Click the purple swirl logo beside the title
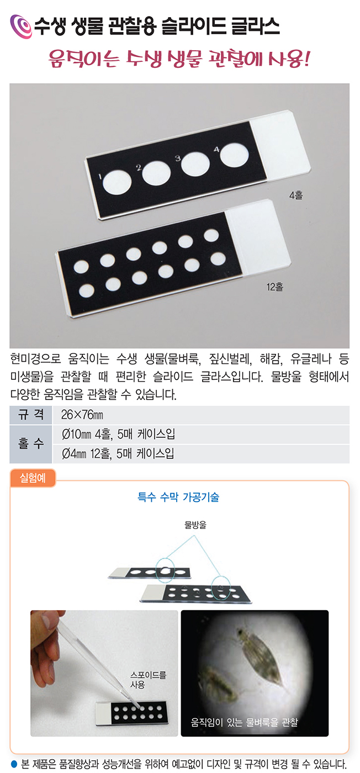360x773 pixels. click(22, 26)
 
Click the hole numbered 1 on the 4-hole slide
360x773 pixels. click(117, 182)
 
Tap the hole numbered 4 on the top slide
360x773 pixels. click(234, 155)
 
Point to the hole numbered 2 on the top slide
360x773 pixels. click(156, 173)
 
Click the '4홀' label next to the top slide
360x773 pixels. click(296, 195)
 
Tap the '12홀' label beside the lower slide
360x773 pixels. click(275, 287)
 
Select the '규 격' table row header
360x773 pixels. click(31, 415)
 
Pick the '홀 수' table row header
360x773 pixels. click(31, 444)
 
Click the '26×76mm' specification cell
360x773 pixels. click(82, 415)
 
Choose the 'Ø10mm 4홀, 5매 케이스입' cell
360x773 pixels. click(118, 434)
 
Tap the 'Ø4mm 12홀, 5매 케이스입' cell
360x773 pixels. click(118, 453)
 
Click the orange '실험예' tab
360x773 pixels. click(33, 478)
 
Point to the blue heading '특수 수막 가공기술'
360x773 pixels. click(178, 497)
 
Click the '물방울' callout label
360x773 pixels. click(195, 525)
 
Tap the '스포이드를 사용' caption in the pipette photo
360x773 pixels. click(148, 680)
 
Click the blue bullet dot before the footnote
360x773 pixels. click(14, 763)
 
